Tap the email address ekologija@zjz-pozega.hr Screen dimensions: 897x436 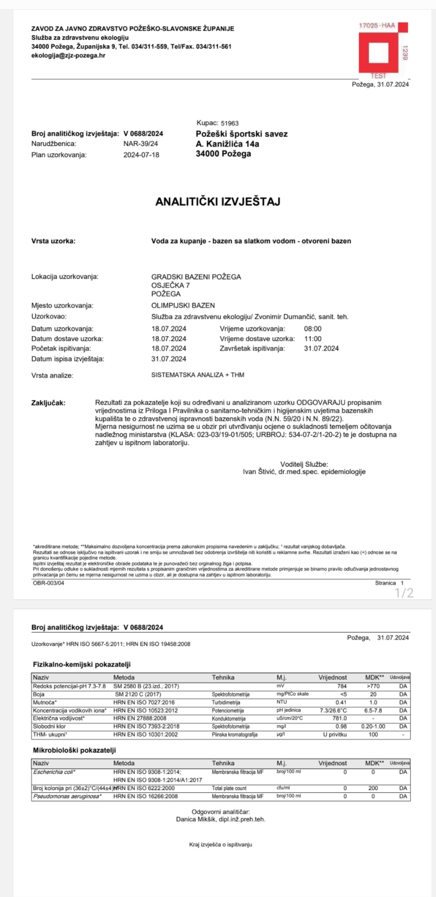pyautogui.click(x=68, y=55)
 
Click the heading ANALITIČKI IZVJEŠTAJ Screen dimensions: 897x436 pyautogui.click(x=218, y=201)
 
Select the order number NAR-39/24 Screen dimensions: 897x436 pyautogui.click(x=141, y=144)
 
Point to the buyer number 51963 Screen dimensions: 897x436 pyautogui.click(x=229, y=123)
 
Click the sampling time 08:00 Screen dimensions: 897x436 pyautogui.click(x=313, y=329)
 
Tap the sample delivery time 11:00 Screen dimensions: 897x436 pyautogui.click(x=313, y=339)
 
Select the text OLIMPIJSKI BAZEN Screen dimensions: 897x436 pyautogui.click(x=183, y=305)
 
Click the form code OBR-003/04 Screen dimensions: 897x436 pyautogui.click(x=49, y=583)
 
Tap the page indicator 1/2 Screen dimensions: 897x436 pyautogui.click(x=404, y=593)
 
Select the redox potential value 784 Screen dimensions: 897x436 pyautogui.click(x=342, y=686)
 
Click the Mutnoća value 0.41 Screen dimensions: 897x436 pyautogui.click(x=341, y=702)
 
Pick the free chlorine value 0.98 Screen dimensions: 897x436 pyautogui.click(x=341, y=726)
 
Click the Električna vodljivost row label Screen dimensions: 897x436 pyautogui.click(x=59, y=718)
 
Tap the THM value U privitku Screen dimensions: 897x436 pyautogui.click(x=335, y=734)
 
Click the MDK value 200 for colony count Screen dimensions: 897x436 pyautogui.click(x=373, y=788)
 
